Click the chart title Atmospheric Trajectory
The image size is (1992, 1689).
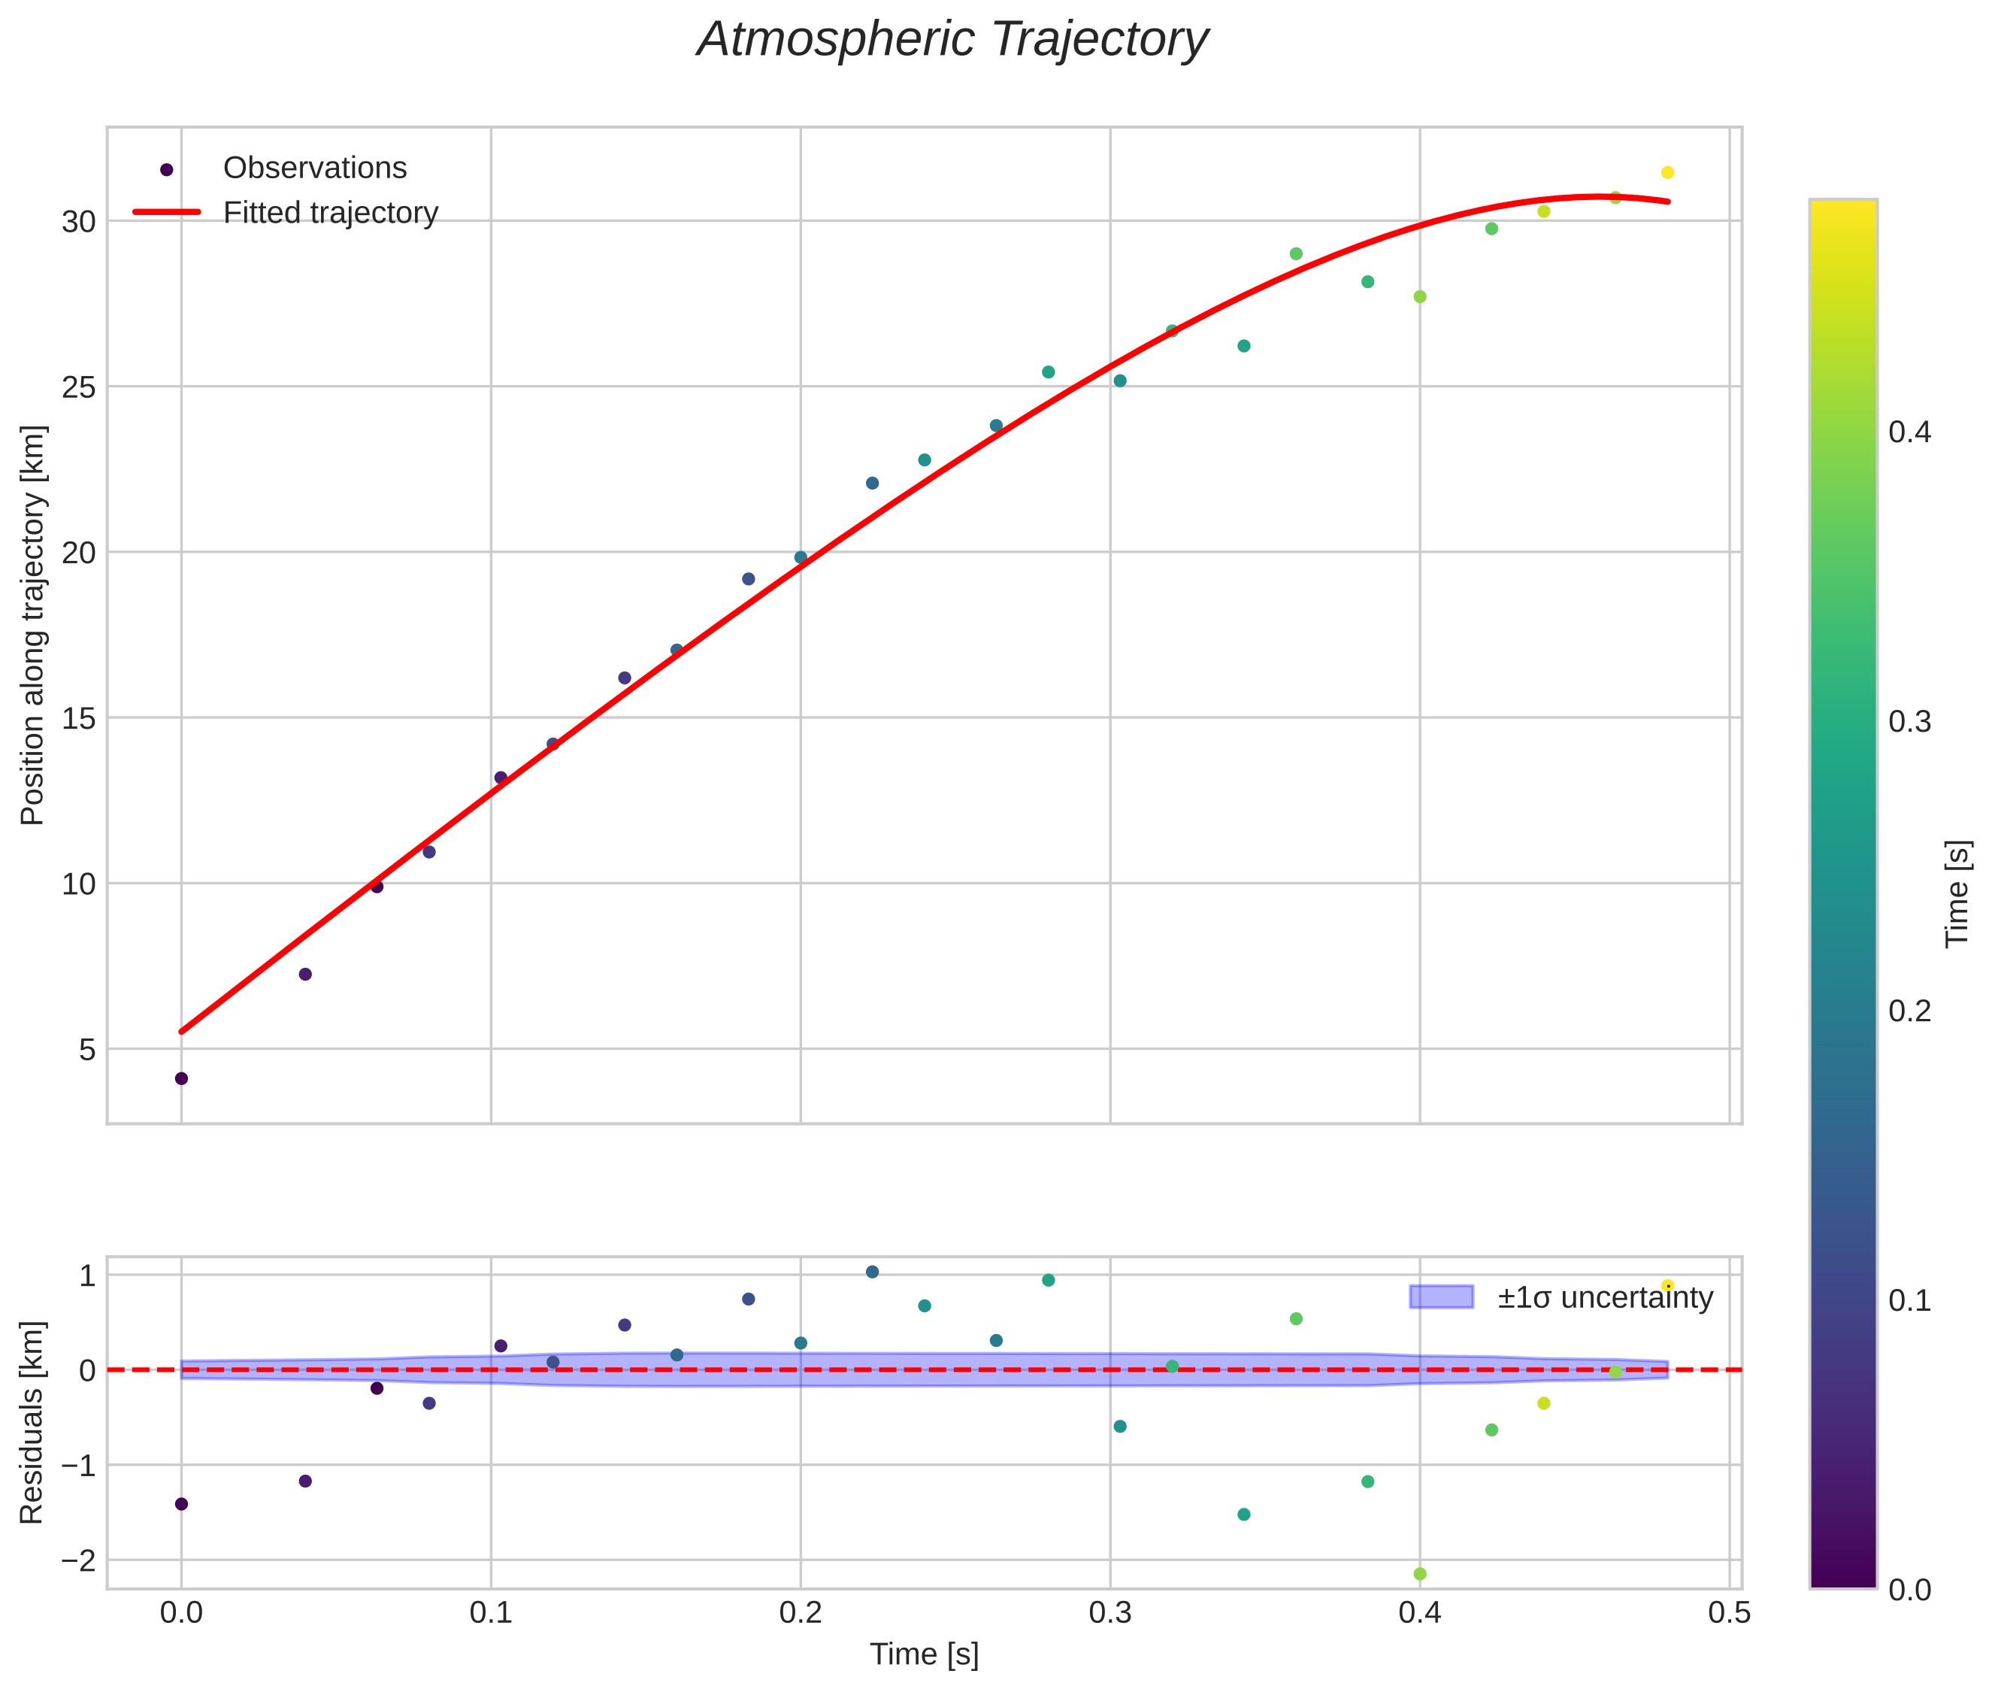tap(952, 40)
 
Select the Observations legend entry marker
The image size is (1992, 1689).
tap(167, 169)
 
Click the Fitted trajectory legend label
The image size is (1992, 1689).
tap(330, 213)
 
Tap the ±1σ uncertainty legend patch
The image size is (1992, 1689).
tap(1441, 1297)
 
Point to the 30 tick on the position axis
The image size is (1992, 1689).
tap(80, 222)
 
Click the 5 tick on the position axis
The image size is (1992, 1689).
tap(87, 1049)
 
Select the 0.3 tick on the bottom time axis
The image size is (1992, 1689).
tap(1110, 1613)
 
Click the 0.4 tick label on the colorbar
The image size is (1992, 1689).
tap(1909, 432)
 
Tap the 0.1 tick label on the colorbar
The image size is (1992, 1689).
tap(1909, 1300)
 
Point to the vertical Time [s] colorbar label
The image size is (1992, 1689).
tap(1957, 894)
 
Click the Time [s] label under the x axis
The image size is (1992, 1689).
tap(924, 1654)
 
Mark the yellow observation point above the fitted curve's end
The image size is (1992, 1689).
tap(1667, 172)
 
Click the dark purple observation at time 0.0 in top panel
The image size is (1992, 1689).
tap(181, 1078)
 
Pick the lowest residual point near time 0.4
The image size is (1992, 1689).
tap(1419, 1574)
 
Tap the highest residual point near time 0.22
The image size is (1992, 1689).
tap(872, 1272)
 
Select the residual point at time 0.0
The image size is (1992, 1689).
tap(181, 1504)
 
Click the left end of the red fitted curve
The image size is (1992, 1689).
tap(182, 1031)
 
